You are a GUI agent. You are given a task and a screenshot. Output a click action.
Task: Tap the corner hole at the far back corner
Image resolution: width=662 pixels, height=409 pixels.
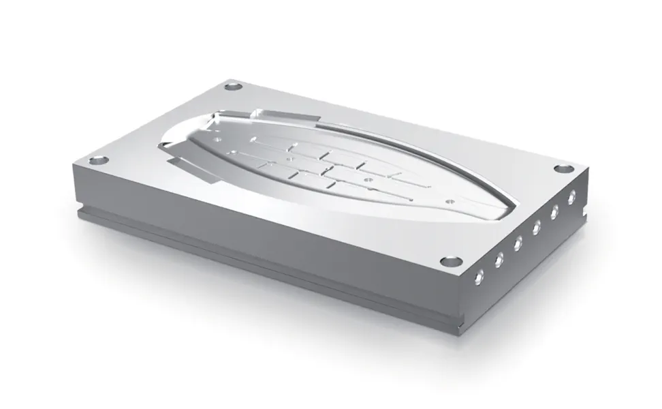(234, 87)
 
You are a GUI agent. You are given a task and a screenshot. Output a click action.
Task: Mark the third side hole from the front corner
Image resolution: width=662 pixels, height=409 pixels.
(519, 241)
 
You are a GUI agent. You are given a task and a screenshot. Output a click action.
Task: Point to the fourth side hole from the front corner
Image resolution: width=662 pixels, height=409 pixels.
(537, 226)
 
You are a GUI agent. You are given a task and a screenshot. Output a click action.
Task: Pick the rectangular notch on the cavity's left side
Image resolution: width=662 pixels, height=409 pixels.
(185, 164)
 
